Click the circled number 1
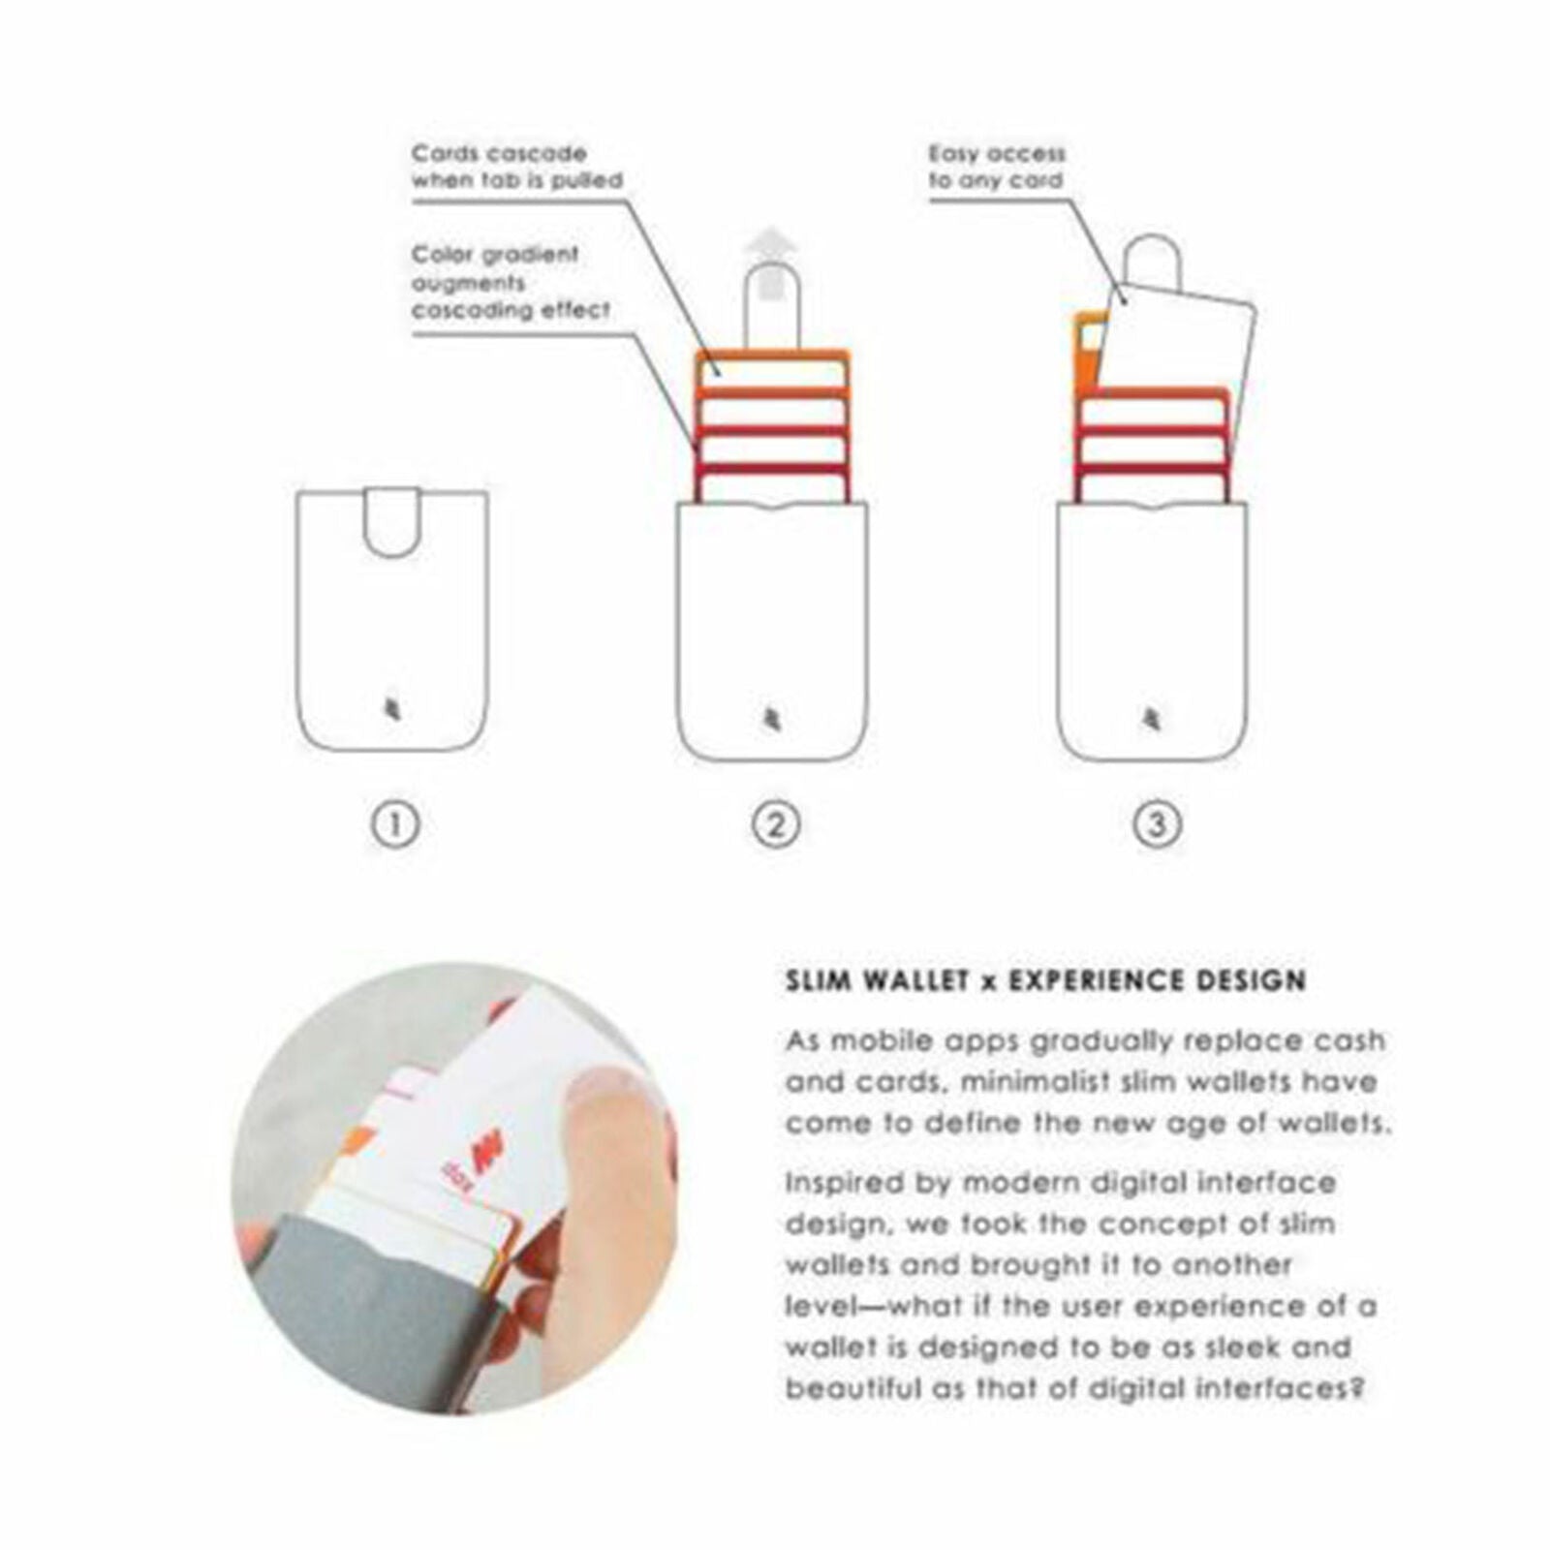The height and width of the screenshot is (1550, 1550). pos(395,825)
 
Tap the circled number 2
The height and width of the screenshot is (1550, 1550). pos(776,825)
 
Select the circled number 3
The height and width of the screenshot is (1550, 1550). pos(1157,825)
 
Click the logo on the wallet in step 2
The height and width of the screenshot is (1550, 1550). pos(771,720)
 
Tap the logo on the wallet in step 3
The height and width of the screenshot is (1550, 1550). pos(1152,720)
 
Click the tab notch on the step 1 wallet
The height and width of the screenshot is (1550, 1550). pos(392,524)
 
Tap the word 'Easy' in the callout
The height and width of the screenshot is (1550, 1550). pos(957,153)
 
